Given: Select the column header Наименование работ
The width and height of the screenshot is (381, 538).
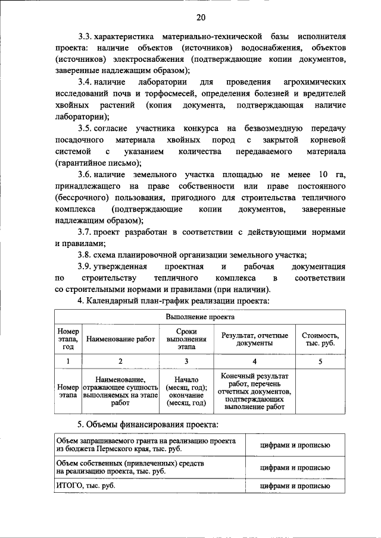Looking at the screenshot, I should coord(120,339).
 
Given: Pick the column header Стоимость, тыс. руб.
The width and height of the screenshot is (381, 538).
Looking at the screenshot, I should coord(320,339).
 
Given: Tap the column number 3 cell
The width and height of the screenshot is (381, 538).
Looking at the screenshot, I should coord(186,361).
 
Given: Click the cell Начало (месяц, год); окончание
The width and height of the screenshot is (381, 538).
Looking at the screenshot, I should coord(186,390).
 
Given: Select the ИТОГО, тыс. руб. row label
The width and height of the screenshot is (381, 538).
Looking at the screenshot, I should coord(84,486).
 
